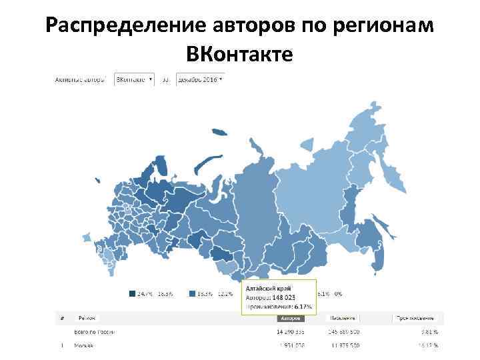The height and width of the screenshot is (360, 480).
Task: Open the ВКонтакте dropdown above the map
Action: click(x=134, y=79)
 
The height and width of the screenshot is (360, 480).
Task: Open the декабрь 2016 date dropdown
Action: click(x=201, y=79)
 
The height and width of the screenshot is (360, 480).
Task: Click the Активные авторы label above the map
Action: click(x=79, y=79)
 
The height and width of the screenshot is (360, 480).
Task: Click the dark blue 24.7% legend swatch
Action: click(x=131, y=293)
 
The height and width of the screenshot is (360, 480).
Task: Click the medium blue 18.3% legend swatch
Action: click(x=192, y=293)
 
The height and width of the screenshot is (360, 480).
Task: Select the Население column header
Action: click(x=345, y=319)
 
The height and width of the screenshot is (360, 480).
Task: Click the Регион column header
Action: click(x=87, y=319)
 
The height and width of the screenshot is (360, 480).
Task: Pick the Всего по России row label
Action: click(x=95, y=331)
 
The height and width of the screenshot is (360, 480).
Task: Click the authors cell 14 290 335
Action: click(x=291, y=331)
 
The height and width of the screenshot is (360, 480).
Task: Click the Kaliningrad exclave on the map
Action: click(x=97, y=180)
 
